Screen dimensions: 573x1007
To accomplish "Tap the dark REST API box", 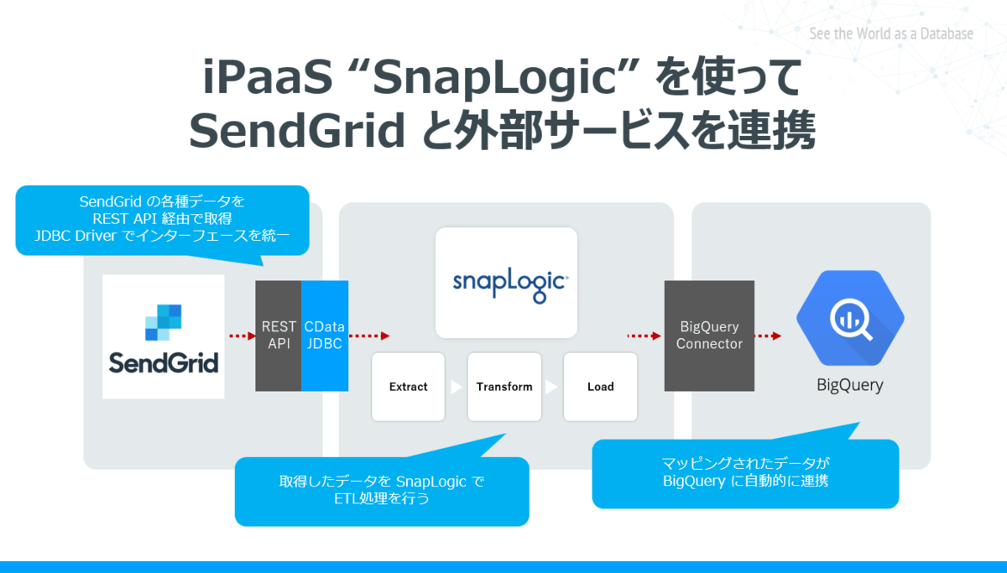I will pyautogui.click(x=279, y=336).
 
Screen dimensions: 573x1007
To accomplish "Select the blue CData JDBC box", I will pyautogui.click(x=325, y=336).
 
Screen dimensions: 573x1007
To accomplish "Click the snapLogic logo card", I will pyautogui.click(x=506, y=282).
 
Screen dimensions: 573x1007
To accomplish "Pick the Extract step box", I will pyautogui.click(x=409, y=387).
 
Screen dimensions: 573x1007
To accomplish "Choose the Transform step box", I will pyautogui.click(x=504, y=387).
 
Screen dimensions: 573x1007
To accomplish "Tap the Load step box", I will pyautogui.click(x=600, y=387).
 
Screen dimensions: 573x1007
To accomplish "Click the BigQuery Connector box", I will pyautogui.click(x=709, y=336).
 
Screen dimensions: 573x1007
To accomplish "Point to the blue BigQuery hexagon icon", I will pyautogui.click(x=850, y=319).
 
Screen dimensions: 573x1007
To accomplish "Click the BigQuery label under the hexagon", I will pyautogui.click(x=850, y=386).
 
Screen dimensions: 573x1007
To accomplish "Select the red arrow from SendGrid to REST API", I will pyautogui.click(x=242, y=336).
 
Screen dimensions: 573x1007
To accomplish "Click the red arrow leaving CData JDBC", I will pyautogui.click(x=369, y=336).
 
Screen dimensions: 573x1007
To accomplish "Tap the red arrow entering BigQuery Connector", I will pyautogui.click(x=644, y=336).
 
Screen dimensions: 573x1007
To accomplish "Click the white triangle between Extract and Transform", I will pyautogui.click(x=456, y=387).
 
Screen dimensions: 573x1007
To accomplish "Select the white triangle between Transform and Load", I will pyautogui.click(x=551, y=387).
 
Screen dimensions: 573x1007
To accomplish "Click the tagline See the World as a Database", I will pyautogui.click(x=891, y=34).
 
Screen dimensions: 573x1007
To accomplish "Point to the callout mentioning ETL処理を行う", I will pyautogui.click(x=382, y=491).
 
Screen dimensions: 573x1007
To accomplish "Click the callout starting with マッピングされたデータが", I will pyautogui.click(x=745, y=473).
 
